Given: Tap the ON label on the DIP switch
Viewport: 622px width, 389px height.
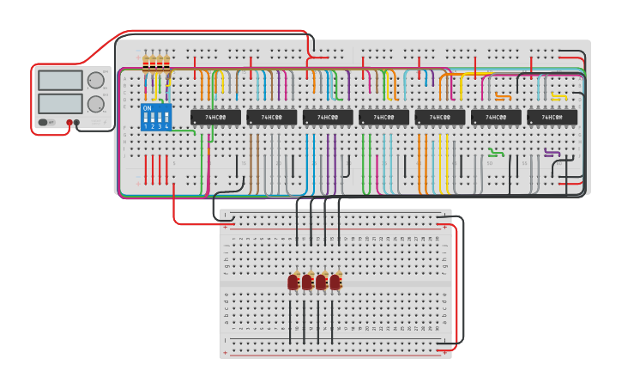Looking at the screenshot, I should click(x=147, y=108).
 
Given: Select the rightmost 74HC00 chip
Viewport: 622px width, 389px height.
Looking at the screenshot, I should click(x=552, y=117).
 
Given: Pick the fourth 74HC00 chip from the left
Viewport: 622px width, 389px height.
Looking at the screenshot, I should click(x=383, y=117).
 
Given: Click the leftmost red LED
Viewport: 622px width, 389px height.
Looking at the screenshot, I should click(x=293, y=282).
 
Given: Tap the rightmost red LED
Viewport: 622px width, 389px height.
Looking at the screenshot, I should click(x=335, y=282).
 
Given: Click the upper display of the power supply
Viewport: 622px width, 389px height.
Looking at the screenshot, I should click(x=60, y=81).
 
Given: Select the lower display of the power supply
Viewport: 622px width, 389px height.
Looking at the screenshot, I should click(x=60, y=103).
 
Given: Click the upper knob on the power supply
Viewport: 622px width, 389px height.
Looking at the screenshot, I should click(x=95, y=81).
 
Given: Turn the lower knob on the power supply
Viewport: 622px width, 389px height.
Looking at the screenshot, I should click(x=95, y=104).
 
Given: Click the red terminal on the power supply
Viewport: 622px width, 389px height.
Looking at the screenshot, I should click(x=69, y=123).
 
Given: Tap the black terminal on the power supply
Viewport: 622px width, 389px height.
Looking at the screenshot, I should click(x=77, y=123).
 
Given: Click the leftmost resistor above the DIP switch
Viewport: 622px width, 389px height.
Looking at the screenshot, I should click(x=147, y=63).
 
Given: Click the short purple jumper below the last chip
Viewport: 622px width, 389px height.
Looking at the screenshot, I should click(x=553, y=154).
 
